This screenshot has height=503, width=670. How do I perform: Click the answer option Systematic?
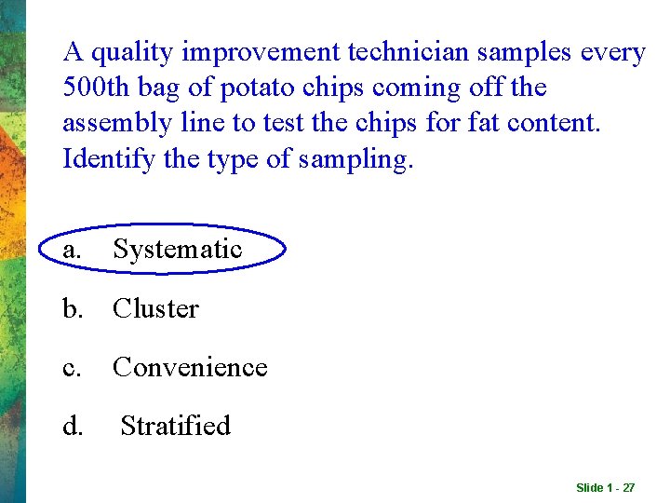coord(177,250)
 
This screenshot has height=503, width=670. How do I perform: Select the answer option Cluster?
coord(155,309)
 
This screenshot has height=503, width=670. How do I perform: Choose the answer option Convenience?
coord(190,368)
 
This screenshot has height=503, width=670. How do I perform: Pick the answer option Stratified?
coord(176,427)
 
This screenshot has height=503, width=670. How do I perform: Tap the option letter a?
coord(71,250)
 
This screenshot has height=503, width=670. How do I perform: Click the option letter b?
coord(72,309)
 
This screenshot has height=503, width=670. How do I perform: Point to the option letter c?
coord(71,368)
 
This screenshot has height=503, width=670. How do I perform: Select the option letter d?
coord(72,427)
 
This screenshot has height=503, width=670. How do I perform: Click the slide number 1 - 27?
coord(605,488)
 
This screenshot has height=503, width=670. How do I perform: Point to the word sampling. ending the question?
coord(355,159)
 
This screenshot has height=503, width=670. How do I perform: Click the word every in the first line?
coord(612,53)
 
